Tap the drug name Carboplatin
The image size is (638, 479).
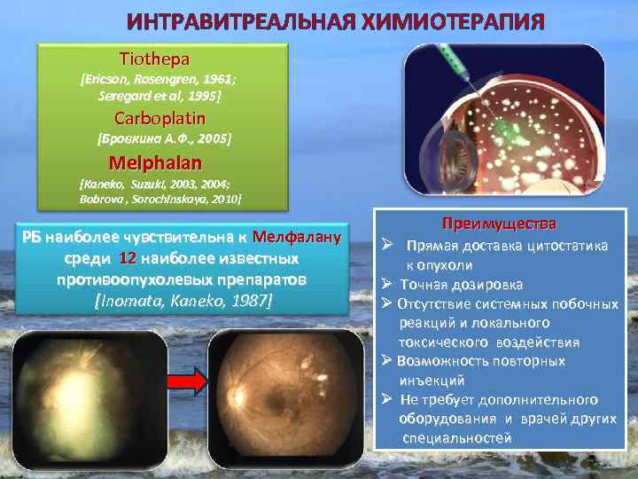[x=159, y=118]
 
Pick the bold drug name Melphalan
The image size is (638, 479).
[x=155, y=163]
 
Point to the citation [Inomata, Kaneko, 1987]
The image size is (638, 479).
[x=183, y=300]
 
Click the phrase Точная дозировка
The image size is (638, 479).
[x=461, y=285]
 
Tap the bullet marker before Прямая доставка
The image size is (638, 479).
[x=387, y=246]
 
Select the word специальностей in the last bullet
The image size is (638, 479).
[x=456, y=438]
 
